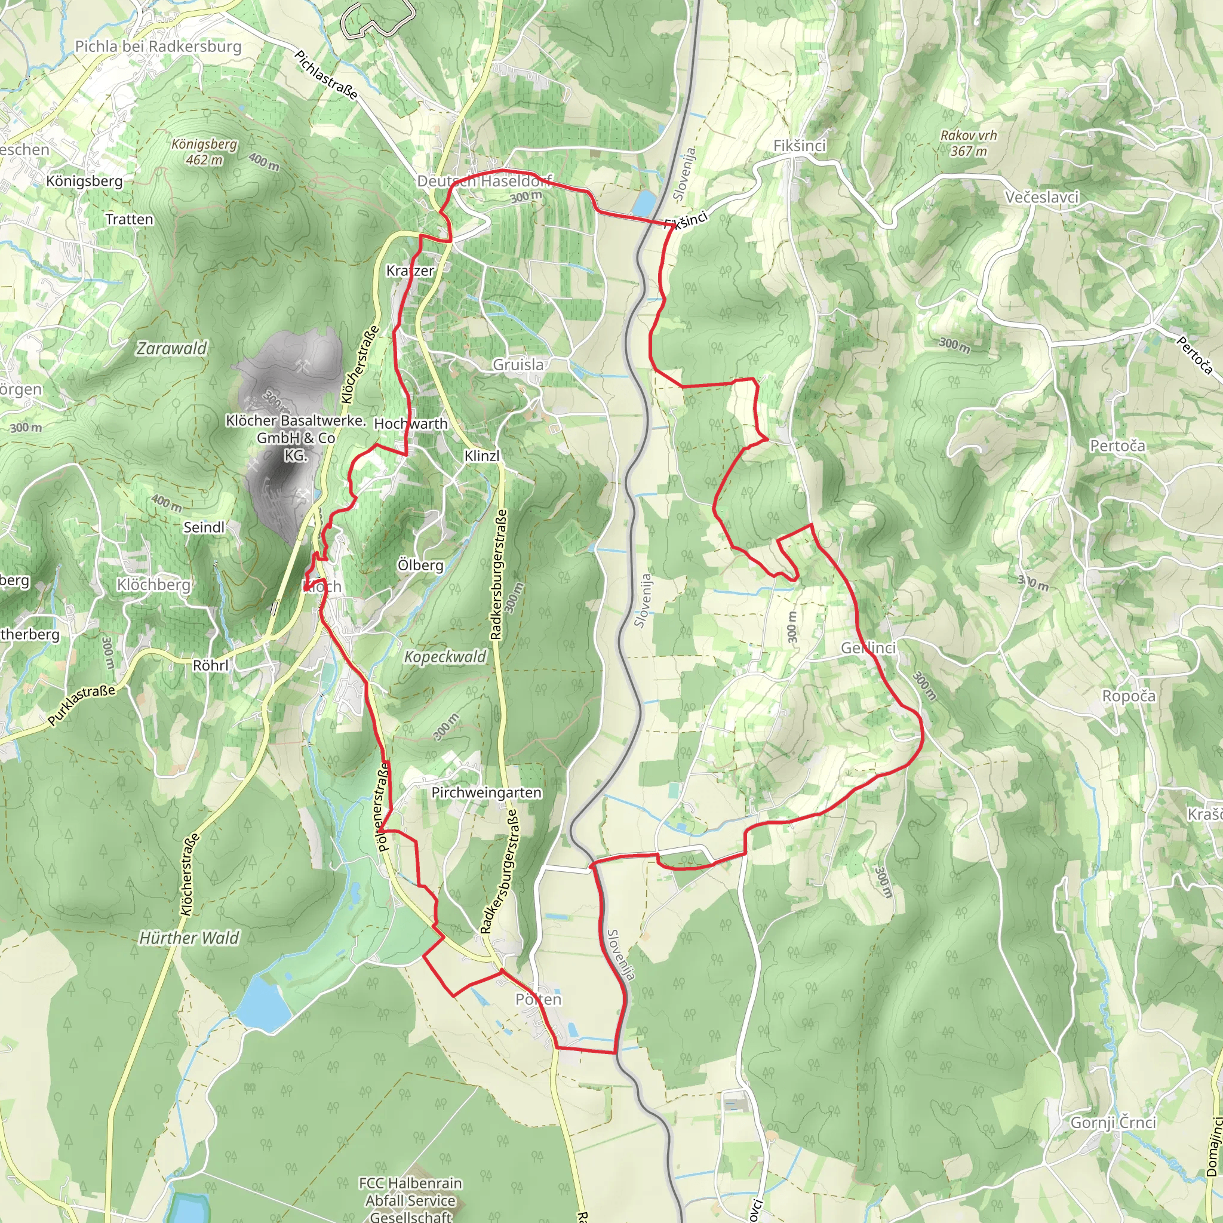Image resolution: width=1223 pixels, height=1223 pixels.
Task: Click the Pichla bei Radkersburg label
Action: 158,46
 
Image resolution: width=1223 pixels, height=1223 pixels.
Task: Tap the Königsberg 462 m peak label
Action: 204,152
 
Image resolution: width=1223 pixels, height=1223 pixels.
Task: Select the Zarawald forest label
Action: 172,348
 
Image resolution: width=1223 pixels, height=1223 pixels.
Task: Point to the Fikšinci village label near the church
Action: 800,146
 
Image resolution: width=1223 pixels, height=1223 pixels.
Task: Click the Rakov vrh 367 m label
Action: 969,143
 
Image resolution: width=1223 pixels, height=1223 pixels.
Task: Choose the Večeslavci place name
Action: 1042,197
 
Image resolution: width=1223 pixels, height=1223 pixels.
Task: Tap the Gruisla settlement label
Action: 518,365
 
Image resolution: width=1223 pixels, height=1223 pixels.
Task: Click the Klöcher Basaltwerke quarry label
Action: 296,437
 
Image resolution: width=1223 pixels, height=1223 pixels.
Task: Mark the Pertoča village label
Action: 1117,445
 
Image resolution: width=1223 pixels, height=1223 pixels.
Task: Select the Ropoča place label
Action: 1129,696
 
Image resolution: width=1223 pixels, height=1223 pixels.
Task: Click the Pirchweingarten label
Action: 486,792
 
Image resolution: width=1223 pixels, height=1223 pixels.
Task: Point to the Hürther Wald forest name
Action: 189,938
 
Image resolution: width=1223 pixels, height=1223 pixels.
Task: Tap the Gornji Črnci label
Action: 1113,1122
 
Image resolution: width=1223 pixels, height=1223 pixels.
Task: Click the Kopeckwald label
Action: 445,657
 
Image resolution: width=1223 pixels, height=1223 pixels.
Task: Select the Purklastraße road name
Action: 82,705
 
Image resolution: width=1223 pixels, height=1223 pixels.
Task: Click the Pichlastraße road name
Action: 327,75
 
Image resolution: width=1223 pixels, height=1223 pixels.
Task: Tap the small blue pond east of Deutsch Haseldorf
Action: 644,204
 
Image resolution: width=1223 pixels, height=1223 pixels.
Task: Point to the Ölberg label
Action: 420,565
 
